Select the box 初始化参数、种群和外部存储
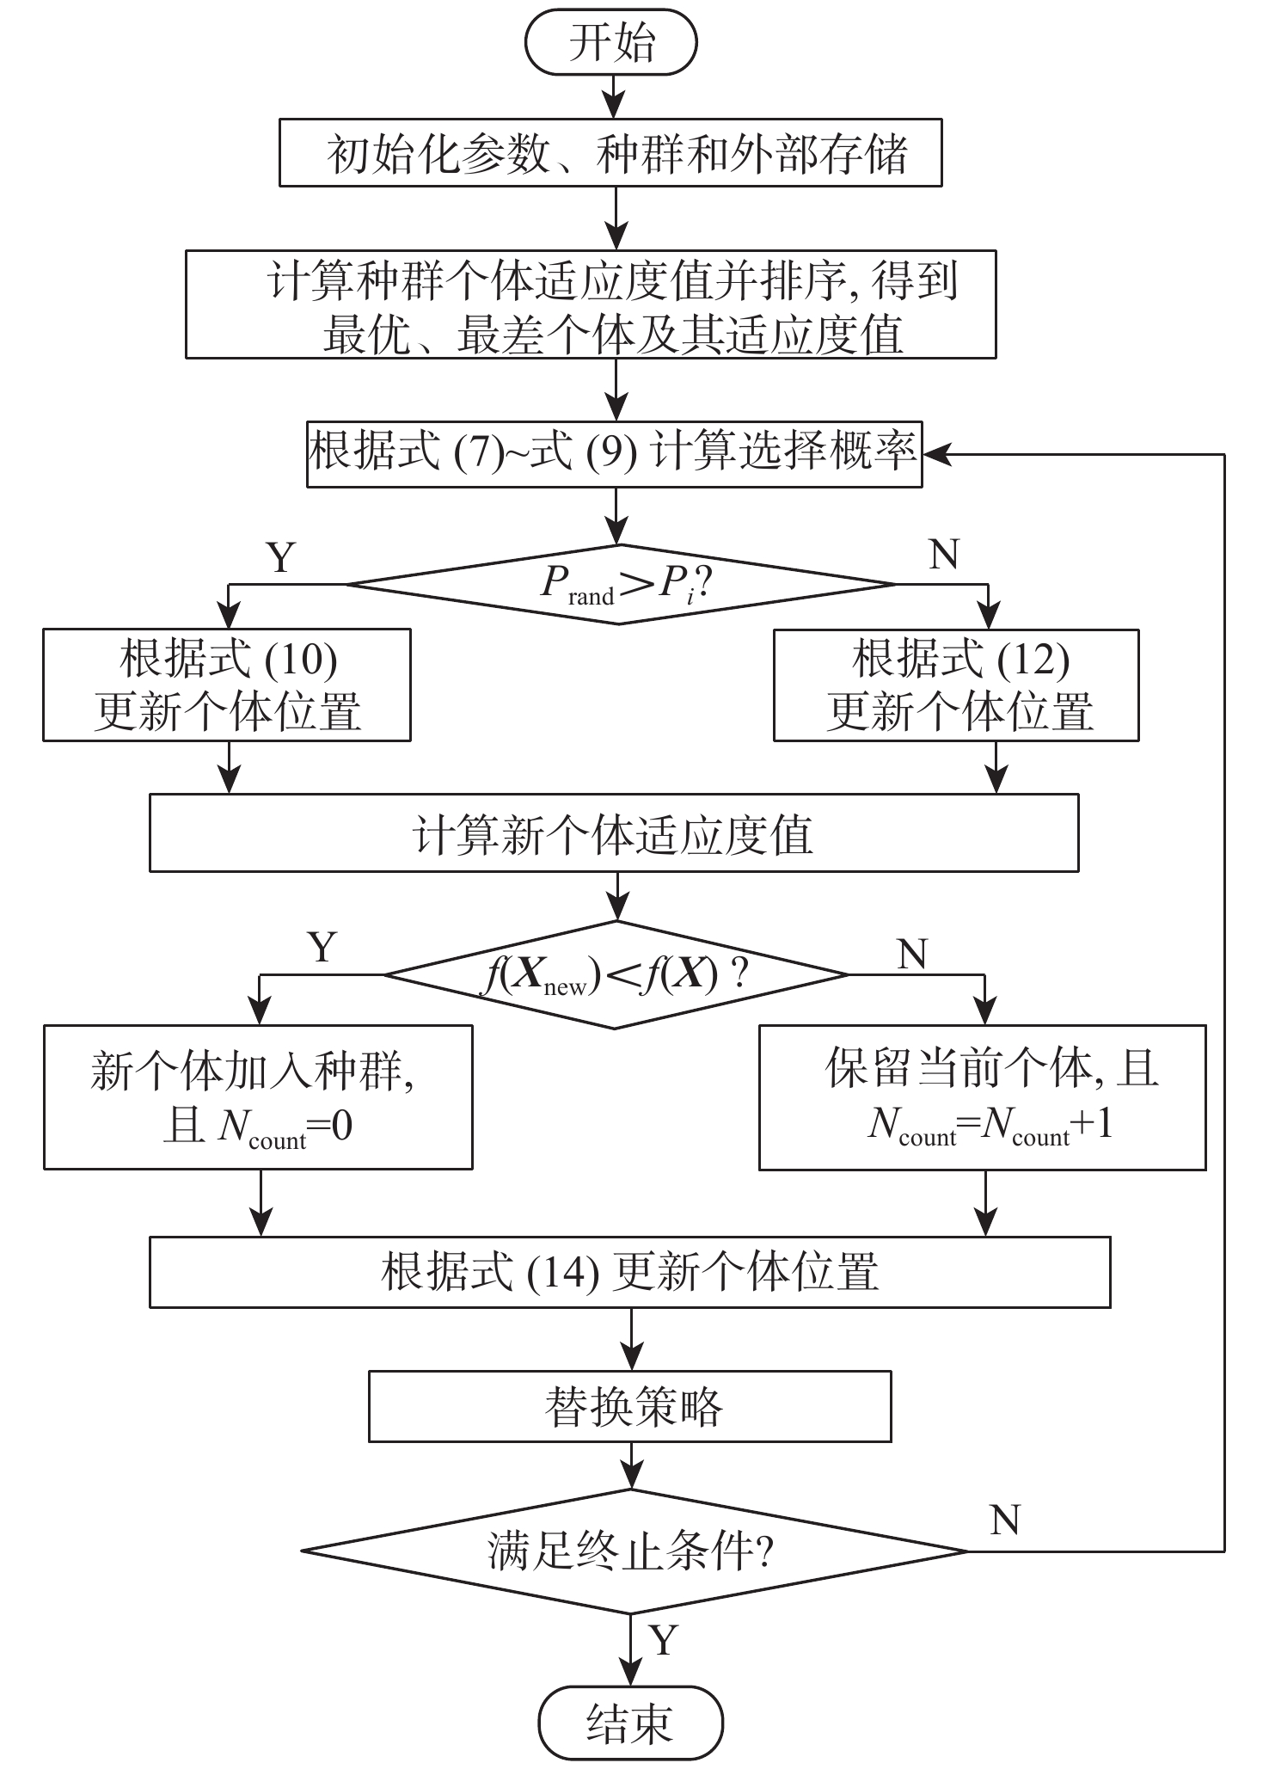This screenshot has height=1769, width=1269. [x=610, y=153]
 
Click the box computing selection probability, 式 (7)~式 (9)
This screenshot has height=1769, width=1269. [x=614, y=454]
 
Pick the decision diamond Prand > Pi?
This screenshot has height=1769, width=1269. [x=619, y=585]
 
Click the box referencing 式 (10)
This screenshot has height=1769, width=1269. [x=227, y=685]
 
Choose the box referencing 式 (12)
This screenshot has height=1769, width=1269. [x=956, y=685]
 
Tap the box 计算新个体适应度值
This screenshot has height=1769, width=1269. [x=614, y=832]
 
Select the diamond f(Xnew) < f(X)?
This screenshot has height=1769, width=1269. [x=616, y=975]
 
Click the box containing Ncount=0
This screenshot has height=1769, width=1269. [x=258, y=1096]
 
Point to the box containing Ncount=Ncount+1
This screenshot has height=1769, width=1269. [x=982, y=1096]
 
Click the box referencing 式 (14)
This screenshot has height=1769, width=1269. [x=629, y=1272]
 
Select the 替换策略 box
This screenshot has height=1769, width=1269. [x=629, y=1407]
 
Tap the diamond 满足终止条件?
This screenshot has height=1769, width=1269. [x=633, y=1552]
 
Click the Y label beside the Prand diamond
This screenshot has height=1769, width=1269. [x=281, y=557]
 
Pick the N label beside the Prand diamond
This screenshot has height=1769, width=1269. [x=944, y=555]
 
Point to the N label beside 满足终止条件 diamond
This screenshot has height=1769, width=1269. [x=1004, y=1520]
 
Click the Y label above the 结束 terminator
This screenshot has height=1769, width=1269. [x=663, y=1640]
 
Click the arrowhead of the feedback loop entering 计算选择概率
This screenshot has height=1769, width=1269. [x=935, y=454]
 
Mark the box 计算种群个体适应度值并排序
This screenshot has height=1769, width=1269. [x=591, y=304]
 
